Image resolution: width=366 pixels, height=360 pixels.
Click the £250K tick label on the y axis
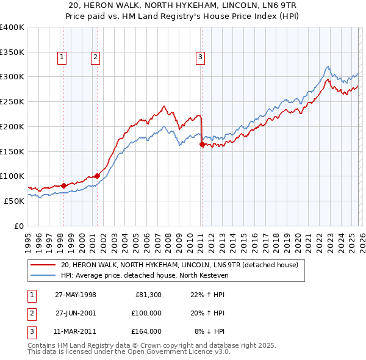tap(12, 102)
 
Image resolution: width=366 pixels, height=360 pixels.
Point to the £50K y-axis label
tap(14, 201)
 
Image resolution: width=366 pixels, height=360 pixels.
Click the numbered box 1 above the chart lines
tap(62, 58)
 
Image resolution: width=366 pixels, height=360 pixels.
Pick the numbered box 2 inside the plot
tap(96, 58)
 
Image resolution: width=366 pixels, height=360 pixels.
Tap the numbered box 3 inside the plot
tap(200, 58)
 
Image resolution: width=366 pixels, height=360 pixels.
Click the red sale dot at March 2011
tap(202, 145)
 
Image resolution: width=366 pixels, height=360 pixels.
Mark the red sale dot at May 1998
tap(63, 185)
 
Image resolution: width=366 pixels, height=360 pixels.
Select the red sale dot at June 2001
tap(97, 176)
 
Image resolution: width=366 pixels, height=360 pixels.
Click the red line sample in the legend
tap(44, 265)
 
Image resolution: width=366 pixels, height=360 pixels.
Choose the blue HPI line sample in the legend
tap(44, 276)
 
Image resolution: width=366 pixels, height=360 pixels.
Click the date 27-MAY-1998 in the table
tap(76, 295)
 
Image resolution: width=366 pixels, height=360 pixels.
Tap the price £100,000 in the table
tap(146, 313)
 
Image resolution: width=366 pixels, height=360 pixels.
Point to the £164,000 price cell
tap(146, 331)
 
